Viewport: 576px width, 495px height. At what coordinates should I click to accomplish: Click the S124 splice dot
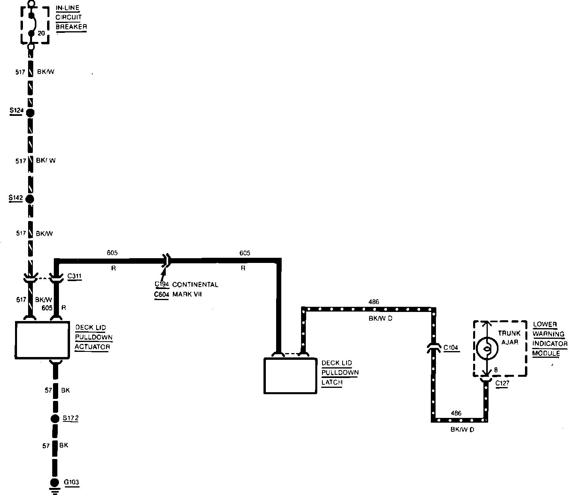pos(30,113)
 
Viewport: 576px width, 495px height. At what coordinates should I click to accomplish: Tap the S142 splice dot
pos(30,198)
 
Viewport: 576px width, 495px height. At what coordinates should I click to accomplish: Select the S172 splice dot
pos(55,419)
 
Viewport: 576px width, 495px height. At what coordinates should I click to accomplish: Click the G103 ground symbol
pos(54,485)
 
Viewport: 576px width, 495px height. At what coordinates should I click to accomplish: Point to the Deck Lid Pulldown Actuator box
pos(42,340)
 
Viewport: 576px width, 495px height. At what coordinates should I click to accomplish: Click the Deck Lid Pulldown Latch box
pos(290,376)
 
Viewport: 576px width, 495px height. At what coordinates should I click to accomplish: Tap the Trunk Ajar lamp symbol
pos(486,348)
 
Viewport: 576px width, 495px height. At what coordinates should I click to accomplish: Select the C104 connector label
pos(451,348)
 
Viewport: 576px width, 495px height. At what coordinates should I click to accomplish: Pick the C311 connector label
pos(75,276)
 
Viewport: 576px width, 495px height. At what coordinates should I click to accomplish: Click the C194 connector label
pos(162,284)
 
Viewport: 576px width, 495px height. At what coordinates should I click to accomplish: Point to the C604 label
pos(162,295)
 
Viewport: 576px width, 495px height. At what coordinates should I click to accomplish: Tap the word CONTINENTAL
pos(195,285)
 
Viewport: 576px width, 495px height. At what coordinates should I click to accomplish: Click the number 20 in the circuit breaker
pos(41,33)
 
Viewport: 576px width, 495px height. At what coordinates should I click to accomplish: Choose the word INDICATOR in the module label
pos(550,344)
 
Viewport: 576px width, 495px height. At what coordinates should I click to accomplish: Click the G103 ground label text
pos(72,482)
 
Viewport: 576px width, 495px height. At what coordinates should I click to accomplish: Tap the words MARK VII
pos(187,295)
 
